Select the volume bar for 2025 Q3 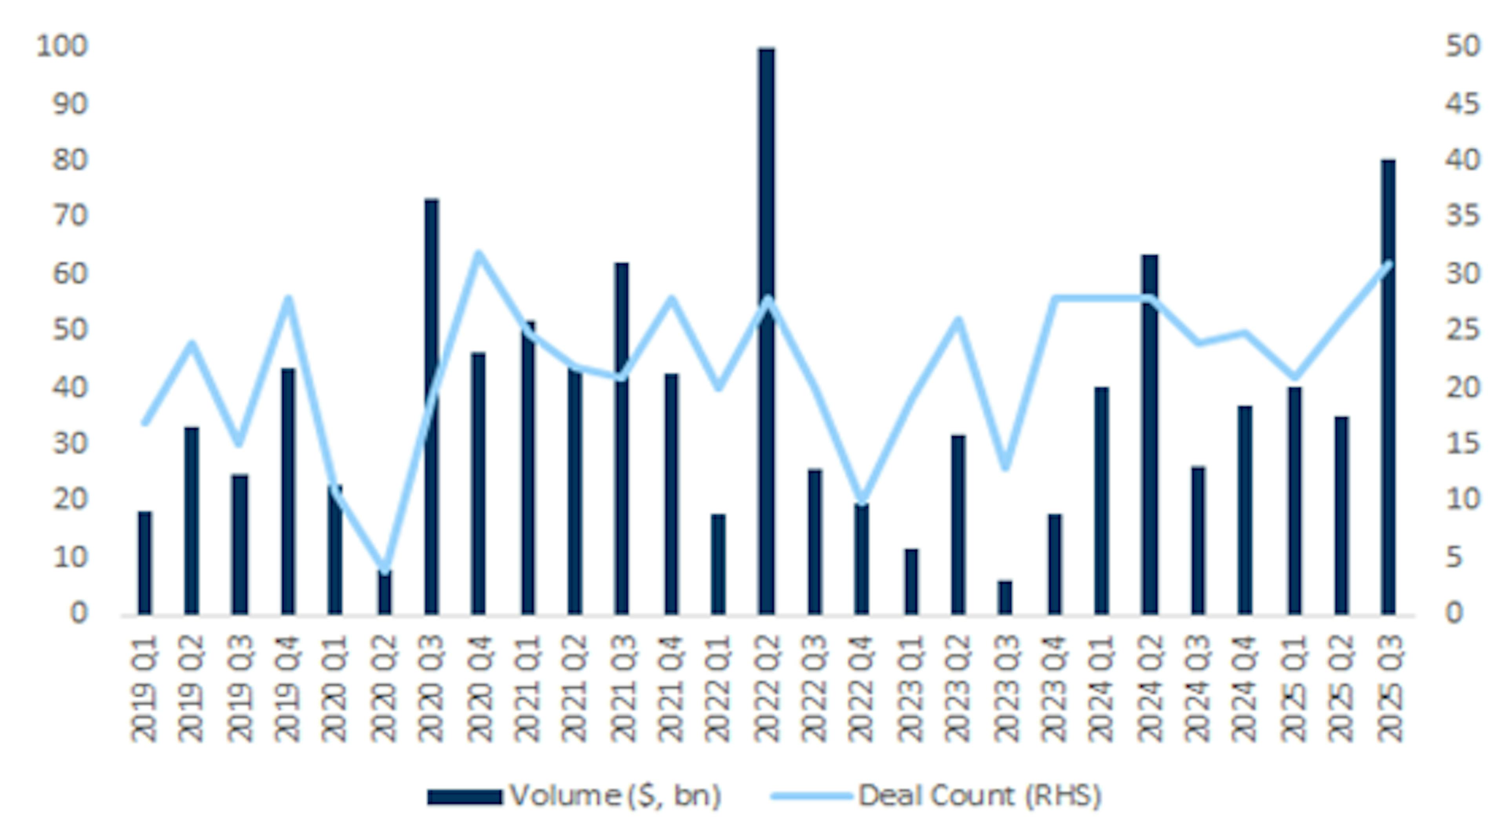point(1388,386)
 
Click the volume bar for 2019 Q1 point(144,562)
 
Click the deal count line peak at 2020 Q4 point(478,254)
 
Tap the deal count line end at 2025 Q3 point(1389,263)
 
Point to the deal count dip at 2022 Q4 point(861,501)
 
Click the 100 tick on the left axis point(62,47)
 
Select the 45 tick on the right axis point(1463,104)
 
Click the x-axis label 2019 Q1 point(144,689)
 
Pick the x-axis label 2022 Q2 point(766,689)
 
